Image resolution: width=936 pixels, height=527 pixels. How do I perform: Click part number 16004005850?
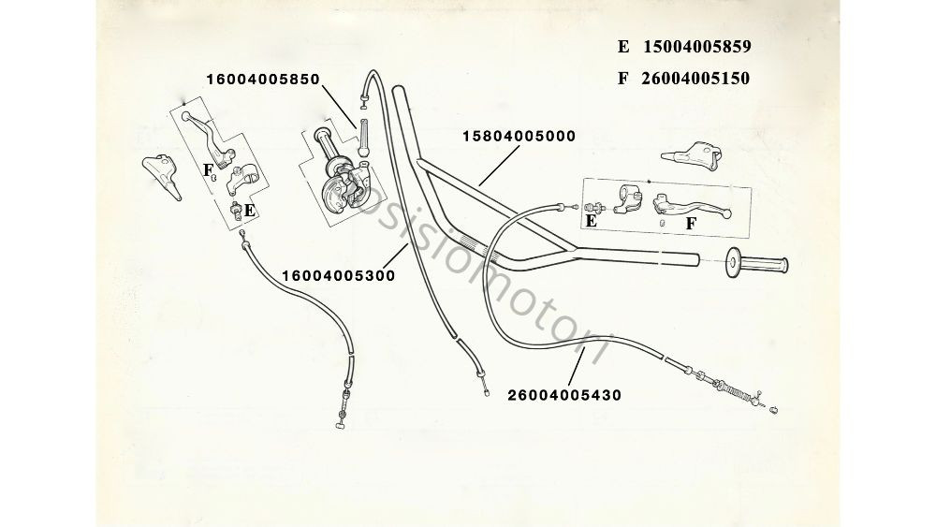tap(263, 80)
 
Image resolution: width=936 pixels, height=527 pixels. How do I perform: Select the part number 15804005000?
tap(519, 136)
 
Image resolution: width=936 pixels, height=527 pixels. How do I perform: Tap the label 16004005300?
tap(339, 276)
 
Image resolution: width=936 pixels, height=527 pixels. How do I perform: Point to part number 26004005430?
tap(564, 395)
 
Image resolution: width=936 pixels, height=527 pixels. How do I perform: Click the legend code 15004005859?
tap(696, 47)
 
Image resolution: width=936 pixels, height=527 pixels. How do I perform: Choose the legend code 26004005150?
tap(695, 79)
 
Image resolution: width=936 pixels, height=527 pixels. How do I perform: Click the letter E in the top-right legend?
tap(623, 47)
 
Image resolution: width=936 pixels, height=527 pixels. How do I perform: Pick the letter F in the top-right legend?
tap(623, 79)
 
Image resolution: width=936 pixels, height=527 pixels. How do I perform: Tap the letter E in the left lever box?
tap(250, 211)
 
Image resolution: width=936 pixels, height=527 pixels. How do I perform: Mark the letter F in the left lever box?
tap(209, 170)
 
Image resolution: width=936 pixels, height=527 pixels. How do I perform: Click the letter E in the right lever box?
tap(591, 221)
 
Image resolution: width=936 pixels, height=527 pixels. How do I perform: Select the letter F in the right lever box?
tap(691, 224)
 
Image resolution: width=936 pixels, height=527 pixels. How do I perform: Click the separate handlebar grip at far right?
tap(756, 263)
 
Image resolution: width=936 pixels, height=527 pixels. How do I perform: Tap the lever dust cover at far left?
tap(161, 175)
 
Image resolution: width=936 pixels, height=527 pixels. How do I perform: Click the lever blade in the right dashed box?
tap(692, 205)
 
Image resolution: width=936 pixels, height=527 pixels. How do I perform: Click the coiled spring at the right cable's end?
tap(732, 391)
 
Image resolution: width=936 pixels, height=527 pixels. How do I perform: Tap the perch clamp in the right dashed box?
tap(627, 200)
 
